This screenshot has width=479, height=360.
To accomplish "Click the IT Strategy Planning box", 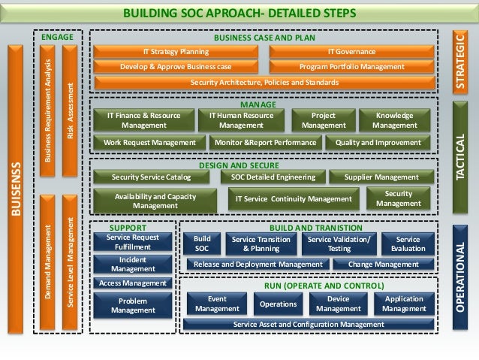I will (x=176, y=51).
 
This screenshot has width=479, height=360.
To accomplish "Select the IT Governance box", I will (x=351, y=51).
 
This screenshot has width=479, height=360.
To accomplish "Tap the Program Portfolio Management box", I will (x=351, y=66).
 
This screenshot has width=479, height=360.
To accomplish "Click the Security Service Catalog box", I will (x=151, y=177).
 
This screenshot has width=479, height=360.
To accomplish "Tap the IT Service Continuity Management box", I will (x=294, y=199).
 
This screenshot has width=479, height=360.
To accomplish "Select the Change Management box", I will (x=384, y=265).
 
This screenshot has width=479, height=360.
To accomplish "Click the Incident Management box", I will (x=133, y=263).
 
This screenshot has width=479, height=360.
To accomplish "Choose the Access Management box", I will (x=133, y=283).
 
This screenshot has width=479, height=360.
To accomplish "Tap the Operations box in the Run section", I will (x=278, y=304).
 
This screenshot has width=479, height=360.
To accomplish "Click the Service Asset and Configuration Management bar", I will (x=309, y=324).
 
